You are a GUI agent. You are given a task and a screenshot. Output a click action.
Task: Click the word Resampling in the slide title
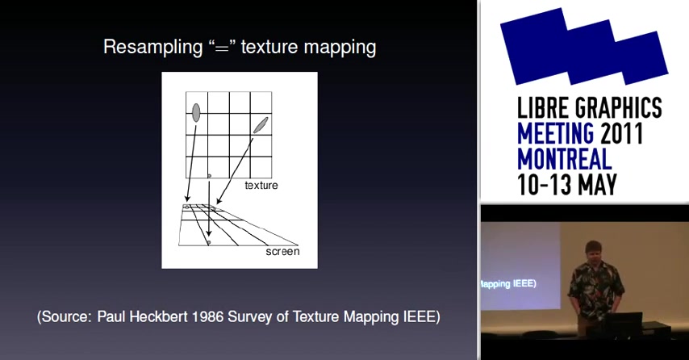(152, 47)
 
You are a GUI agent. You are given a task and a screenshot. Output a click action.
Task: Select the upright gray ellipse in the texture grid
(196, 112)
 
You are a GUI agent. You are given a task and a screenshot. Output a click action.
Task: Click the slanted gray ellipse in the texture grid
(261, 125)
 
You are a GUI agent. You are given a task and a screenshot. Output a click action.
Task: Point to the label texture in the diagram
(261, 186)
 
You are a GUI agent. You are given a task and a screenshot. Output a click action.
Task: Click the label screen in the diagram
(282, 252)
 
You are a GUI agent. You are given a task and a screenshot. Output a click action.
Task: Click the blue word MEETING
(555, 133)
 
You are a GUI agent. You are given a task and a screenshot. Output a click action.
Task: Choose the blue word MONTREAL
(565, 159)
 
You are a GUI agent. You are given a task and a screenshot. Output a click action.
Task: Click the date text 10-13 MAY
(567, 185)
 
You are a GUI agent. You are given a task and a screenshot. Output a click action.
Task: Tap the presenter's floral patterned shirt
(596, 288)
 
